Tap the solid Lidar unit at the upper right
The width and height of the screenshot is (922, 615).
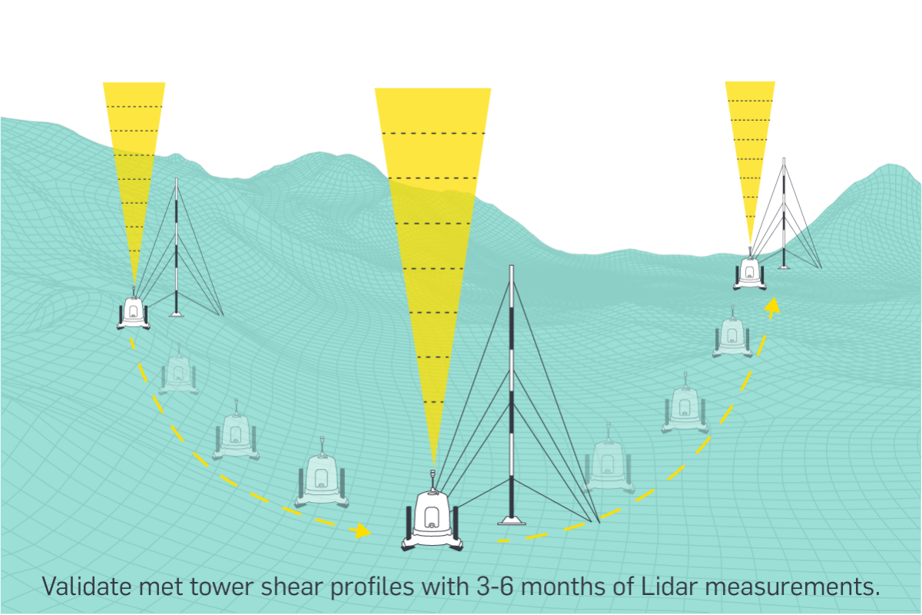click(x=749, y=271)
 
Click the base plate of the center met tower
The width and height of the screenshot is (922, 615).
click(x=511, y=520)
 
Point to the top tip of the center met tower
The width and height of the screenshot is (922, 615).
click(x=511, y=267)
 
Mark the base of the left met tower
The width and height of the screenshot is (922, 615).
click(x=176, y=313)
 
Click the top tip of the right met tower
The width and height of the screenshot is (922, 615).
click(x=783, y=160)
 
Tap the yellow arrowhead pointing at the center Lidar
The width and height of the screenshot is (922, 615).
click(x=361, y=531)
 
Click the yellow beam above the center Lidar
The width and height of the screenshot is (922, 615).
click(x=433, y=231)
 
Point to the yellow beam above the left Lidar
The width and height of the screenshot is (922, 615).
click(x=134, y=154)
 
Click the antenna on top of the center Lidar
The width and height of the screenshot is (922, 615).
click(x=433, y=477)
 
